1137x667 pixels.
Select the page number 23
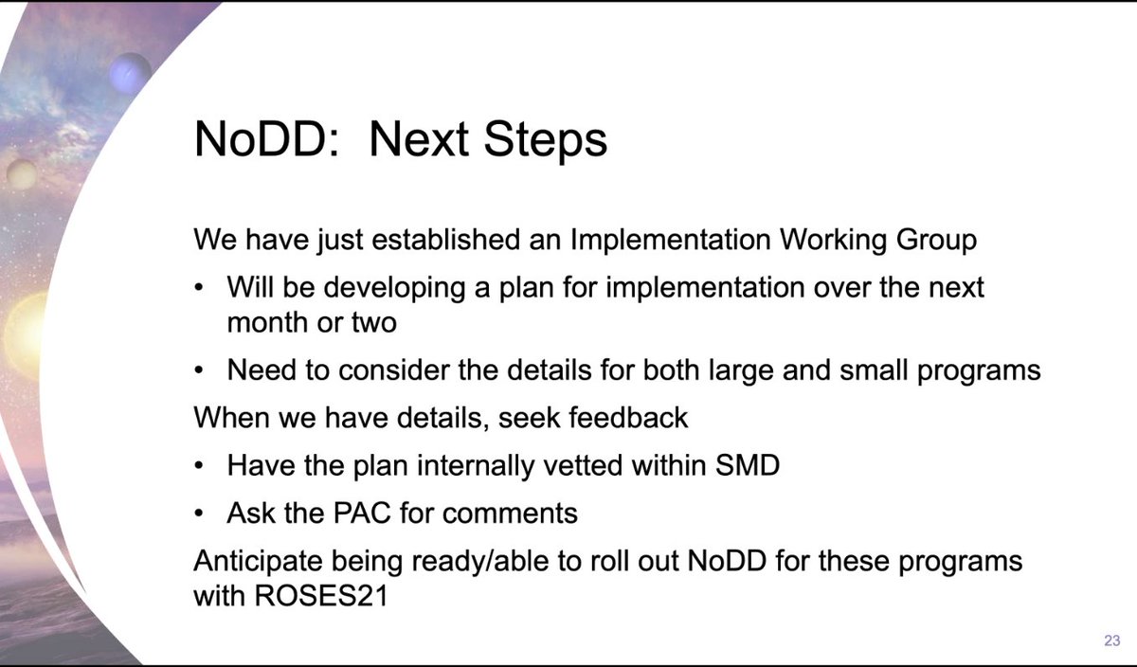click(x=1111, y=641)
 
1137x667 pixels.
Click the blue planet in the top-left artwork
click(x=130, y=71)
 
